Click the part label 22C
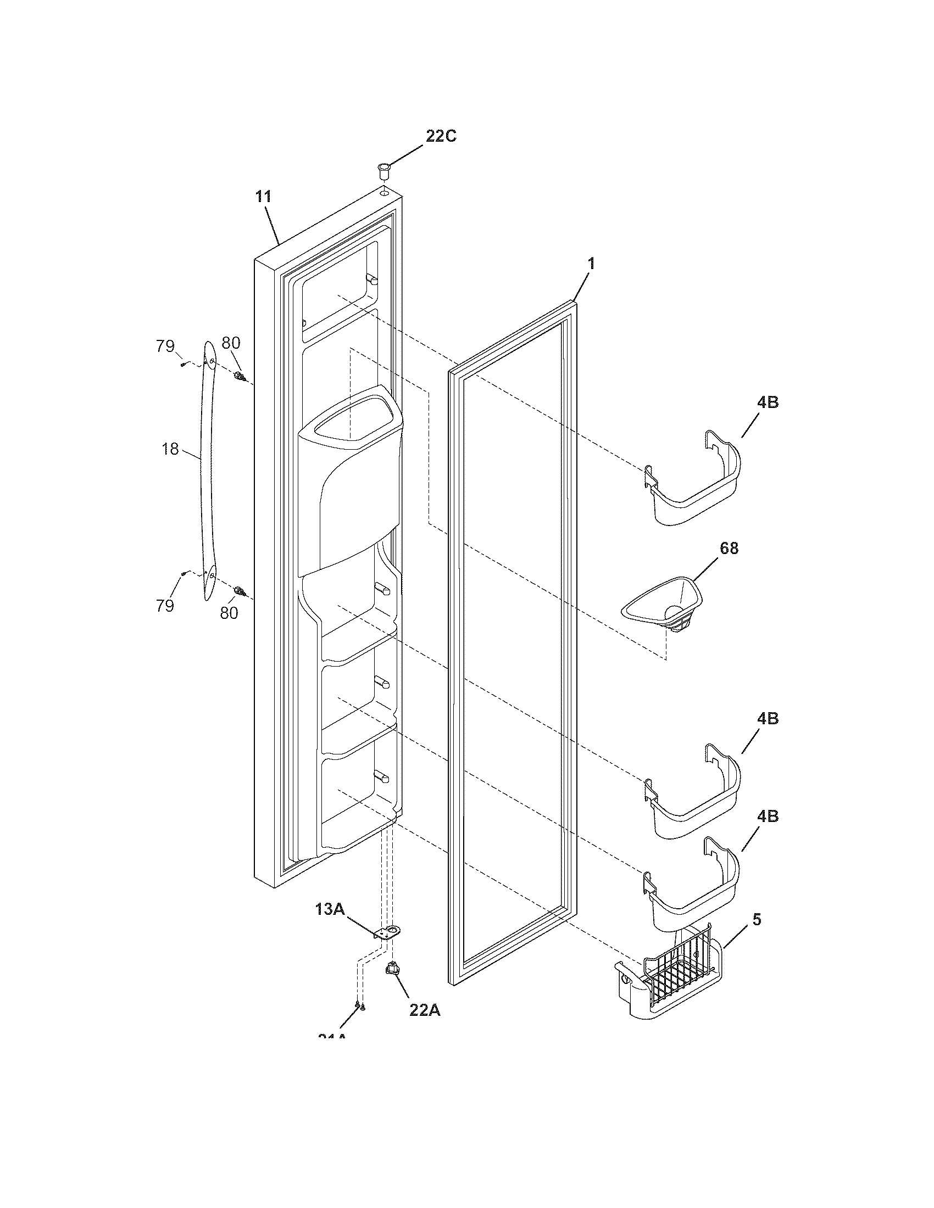pyautogui.click(x=441, y=136)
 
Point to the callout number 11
pyautogui.click(x=263, y=197)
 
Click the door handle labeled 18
pyautogui.click(x=208, y=470)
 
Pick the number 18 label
pyautogui.click(x=170, y=449)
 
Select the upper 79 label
pyautogui.click(x=165, y=347)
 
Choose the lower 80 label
pyautogui.click(x=229, y=613)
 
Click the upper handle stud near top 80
pyautogui.click(x=240, y=378)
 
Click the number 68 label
pyautogui.click(x=729, y=548)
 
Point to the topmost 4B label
pyautogui.click(x=768, y=402)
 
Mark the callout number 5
pyautogui.click(x=757, y=919)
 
